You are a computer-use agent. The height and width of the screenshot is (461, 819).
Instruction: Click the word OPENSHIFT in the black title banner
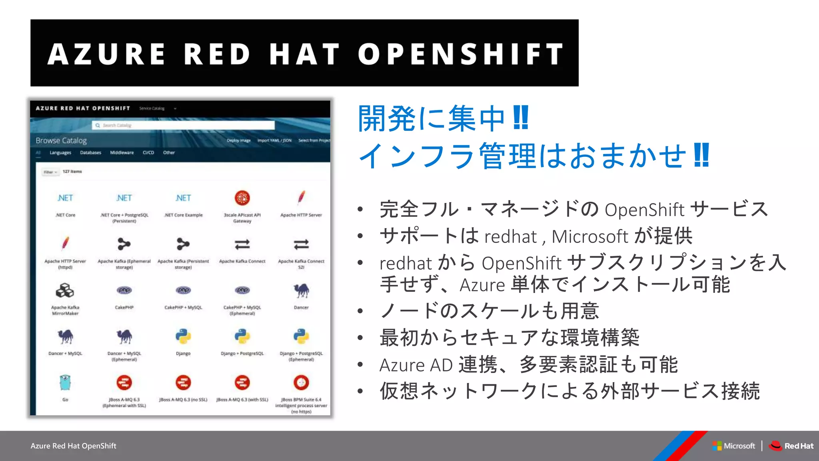pyautogui.click(x=461, y=54)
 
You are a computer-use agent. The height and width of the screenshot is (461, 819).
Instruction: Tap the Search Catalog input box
pyautogui.click(x=184, y=125)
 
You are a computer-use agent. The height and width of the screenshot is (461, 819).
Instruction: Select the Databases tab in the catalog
pyautogui.click(x=90, y=152)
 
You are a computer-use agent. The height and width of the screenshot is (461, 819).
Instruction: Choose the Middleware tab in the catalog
pyautogui.click(x=122, y=152)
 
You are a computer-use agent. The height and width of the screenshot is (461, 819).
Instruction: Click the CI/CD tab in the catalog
pyautogui.click(x=148, y=152)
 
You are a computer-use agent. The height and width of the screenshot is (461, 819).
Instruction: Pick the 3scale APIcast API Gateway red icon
pyautogui.click(x=242, y=198)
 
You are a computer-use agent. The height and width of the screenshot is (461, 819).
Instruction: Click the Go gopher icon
pyautogui.click(x=65, y=383)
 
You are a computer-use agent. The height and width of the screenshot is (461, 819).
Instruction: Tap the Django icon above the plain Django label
pyautogui.click(x=183, y=337)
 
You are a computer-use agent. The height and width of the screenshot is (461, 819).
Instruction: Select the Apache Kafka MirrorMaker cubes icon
pyautogui.click(x=65, y=290)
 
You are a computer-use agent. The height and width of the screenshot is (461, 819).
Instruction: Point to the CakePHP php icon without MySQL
pyautogui.click(x=124, y=290)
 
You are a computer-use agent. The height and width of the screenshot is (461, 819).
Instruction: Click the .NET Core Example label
pyautogui.click(x=184, y=215)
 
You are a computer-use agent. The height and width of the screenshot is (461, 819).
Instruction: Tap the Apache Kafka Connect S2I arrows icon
pyautogui.click(x=301, y=244)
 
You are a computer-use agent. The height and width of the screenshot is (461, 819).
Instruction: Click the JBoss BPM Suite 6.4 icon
pyautogui.click(x=301, y=383)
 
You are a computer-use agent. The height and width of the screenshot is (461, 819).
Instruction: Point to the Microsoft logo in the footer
pyautogui.click(x=734, y=446)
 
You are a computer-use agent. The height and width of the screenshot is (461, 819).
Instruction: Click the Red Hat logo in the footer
pyautogui.click(x=791, y=446)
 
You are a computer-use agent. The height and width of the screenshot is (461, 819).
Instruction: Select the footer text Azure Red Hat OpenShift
pyautogui.click(x=73, y=446)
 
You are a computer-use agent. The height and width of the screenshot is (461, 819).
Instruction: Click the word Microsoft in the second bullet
pyautogui.click(x=590, y=237)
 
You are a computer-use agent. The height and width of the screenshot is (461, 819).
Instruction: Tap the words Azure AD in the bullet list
pyautogui.click(x=416, y=365)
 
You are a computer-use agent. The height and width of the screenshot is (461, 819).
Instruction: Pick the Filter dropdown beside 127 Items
pyautogui.click(x=50, y=172)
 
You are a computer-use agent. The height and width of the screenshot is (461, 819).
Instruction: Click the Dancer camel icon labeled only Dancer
pyautogui.click(x=301, y=290)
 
